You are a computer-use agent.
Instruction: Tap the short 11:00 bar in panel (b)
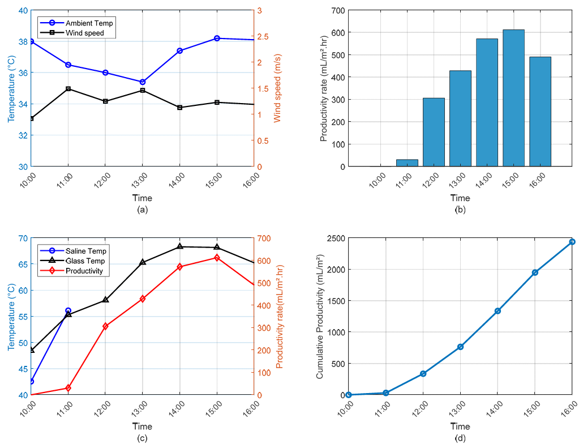pos(407,163)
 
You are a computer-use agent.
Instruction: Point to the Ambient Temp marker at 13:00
pos(143,82)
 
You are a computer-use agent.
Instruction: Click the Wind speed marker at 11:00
pos(68,89)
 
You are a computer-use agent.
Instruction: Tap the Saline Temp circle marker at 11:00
pos(68,311)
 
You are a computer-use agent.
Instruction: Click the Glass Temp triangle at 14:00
pos(180,246)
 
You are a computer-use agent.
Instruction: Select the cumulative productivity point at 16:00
pos(572,242)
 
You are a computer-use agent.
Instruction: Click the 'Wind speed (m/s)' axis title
pos(278,88)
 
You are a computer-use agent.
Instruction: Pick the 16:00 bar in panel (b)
pos(540,112)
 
